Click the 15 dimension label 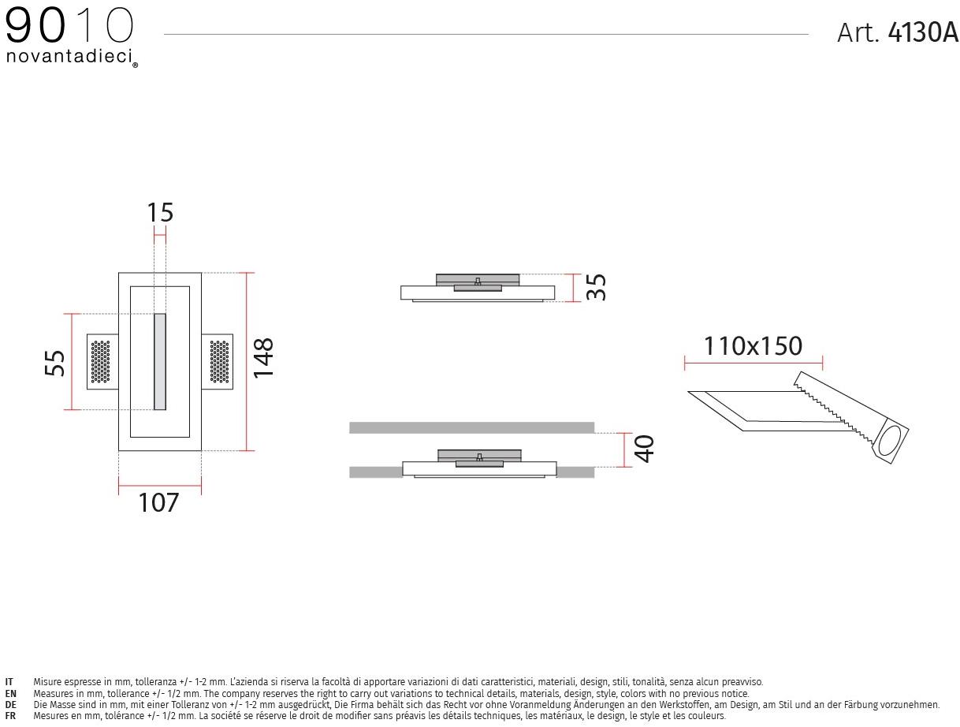click(160, 212)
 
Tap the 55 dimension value click(54, 363)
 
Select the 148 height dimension click(263, 357)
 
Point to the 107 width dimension click(158, 502)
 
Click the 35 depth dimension click(596, 287)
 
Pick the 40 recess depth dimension click(643, 449)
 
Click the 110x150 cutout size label click(752, 345)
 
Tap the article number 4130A click(923, 32)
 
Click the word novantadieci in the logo click(69, 56)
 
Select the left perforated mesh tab click(102, 361)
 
